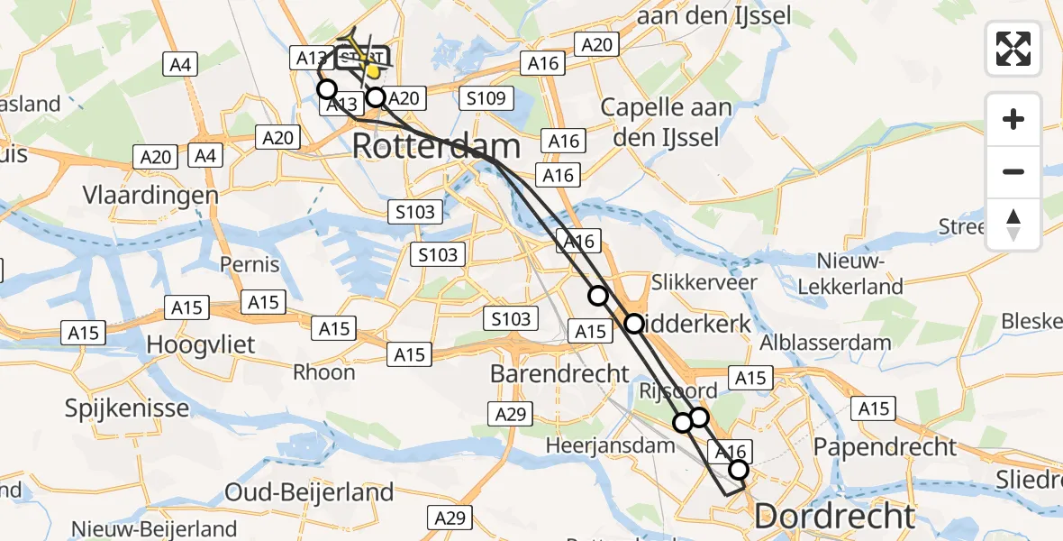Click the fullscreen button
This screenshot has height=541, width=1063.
click(x=1013, y=49)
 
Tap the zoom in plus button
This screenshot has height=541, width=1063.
click(x=1013, y=120)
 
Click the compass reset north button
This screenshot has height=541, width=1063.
click(x=1013, y=225)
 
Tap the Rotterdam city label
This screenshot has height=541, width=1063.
click(x=436, y=146)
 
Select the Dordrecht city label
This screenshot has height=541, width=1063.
click(x=834, y=517)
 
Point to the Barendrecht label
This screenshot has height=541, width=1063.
click(x=559, y=372)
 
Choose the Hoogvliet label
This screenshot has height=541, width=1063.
click(x=201, y=344)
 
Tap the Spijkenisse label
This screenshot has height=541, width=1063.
click(x=127, y=408)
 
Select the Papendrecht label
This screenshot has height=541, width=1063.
click(x=885, y=445)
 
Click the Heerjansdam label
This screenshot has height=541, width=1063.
click(x=610, y=445)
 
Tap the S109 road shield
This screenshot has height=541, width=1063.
click(x=487, y=98)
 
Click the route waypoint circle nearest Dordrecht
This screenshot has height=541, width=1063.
click(x=739, y=469)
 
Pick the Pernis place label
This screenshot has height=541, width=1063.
click(x=250, y=265)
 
